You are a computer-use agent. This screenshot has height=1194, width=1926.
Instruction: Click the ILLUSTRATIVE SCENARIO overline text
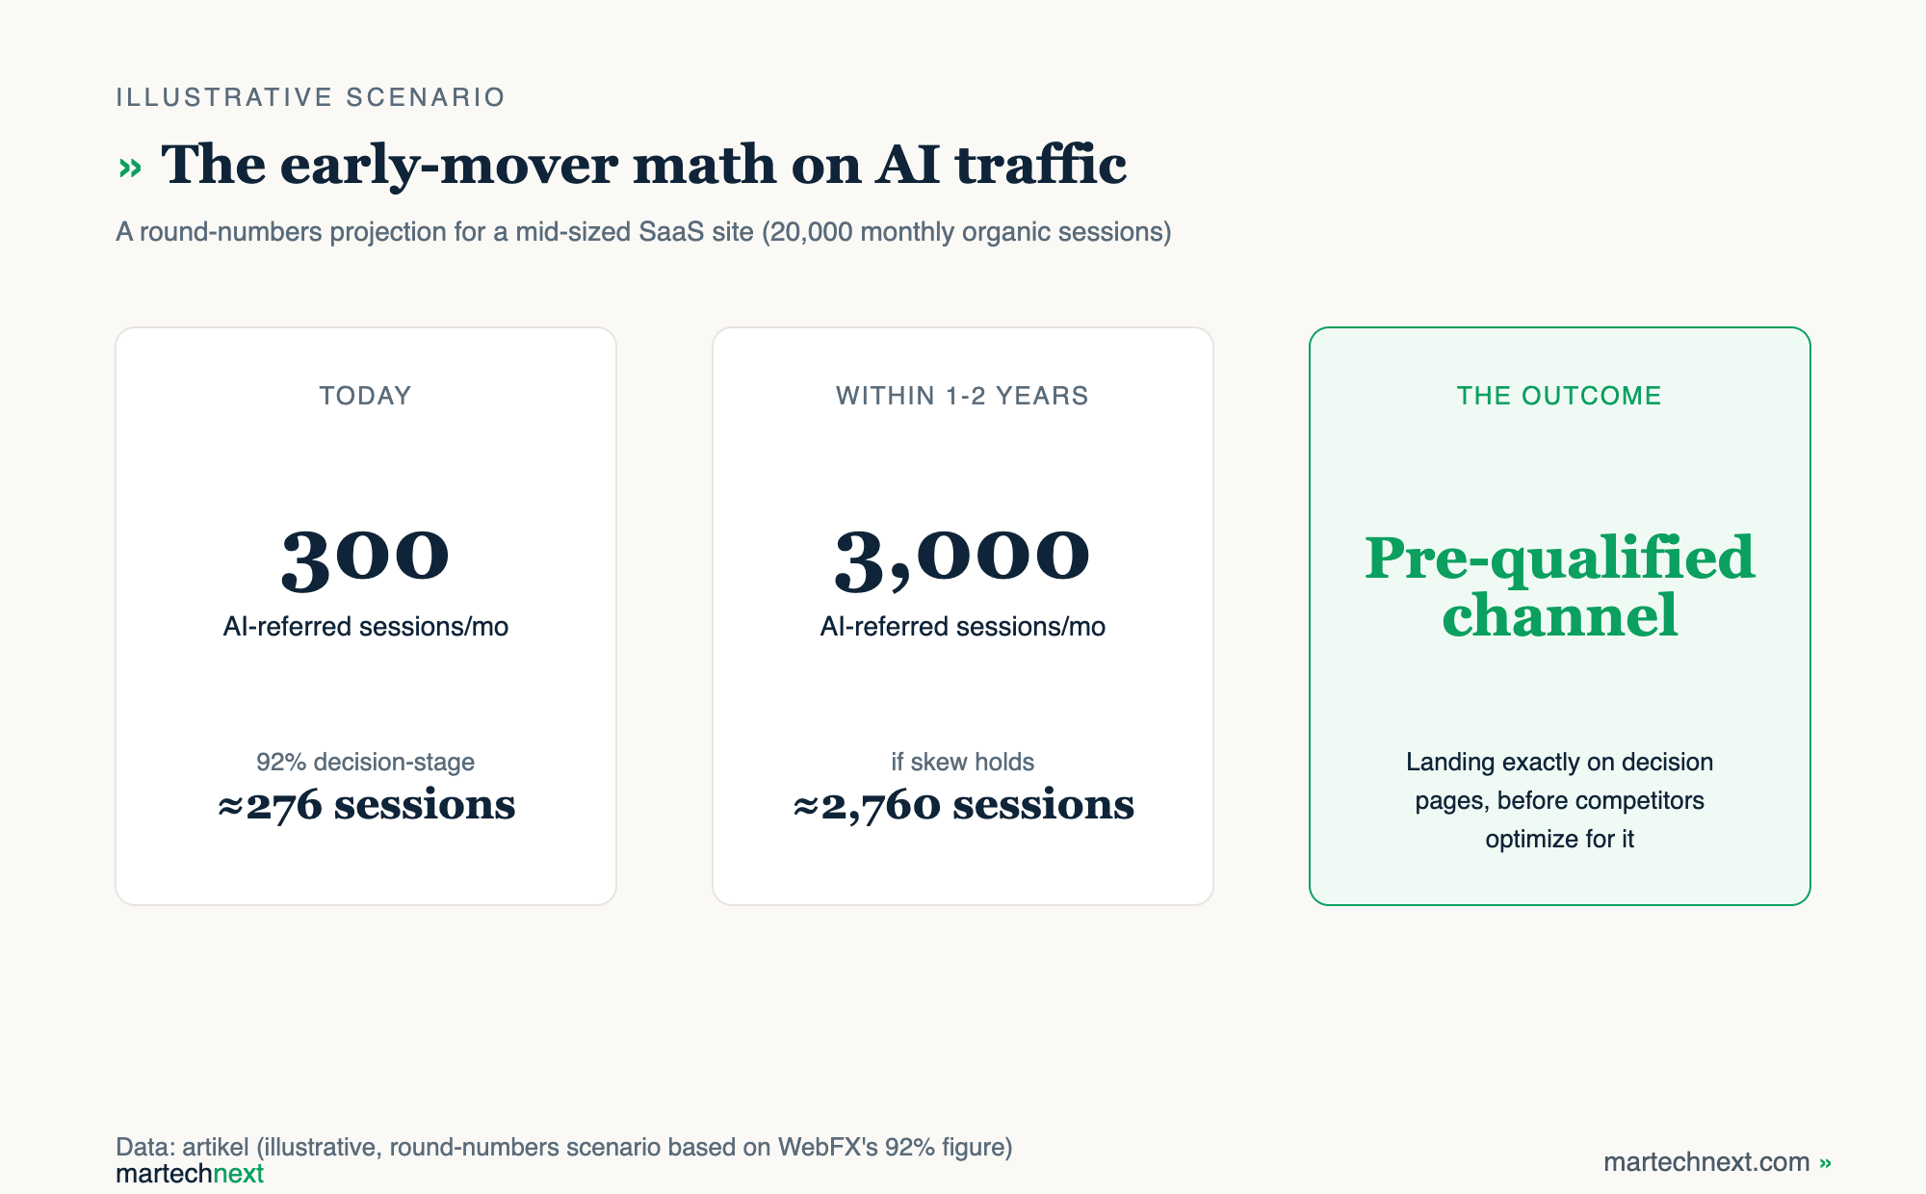[x=310, y=97]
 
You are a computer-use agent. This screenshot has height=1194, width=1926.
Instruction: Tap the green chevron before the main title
[x=130, y=169]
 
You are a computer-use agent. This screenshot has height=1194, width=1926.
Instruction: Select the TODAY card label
[x=365, y=396]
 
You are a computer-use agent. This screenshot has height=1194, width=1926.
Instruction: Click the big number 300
[x=365, y=558]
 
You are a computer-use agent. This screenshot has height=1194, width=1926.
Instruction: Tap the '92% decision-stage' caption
[x=365, y=762]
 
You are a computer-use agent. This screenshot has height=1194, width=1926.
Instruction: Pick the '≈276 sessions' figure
[x=366, y=805]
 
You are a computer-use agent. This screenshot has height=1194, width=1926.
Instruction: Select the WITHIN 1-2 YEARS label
[x=962, y=396]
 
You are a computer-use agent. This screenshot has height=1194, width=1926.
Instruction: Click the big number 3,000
[x=962, y=558]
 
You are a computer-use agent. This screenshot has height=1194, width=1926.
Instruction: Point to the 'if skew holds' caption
[x=962, y=762]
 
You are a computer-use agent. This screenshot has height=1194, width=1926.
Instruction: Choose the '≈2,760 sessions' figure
[x=963, y=805]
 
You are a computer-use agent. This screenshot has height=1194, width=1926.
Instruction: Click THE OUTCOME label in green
[x=1559, y=396]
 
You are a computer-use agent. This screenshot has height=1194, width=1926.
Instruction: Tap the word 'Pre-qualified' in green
[x=1560, y=559]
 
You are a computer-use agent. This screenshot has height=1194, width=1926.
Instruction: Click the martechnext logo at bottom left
[x=190, y=1174]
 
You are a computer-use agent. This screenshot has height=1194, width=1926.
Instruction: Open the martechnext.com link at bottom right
[x=1717, y=1162]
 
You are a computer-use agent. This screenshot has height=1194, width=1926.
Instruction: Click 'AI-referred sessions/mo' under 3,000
[x=962, y=627]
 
